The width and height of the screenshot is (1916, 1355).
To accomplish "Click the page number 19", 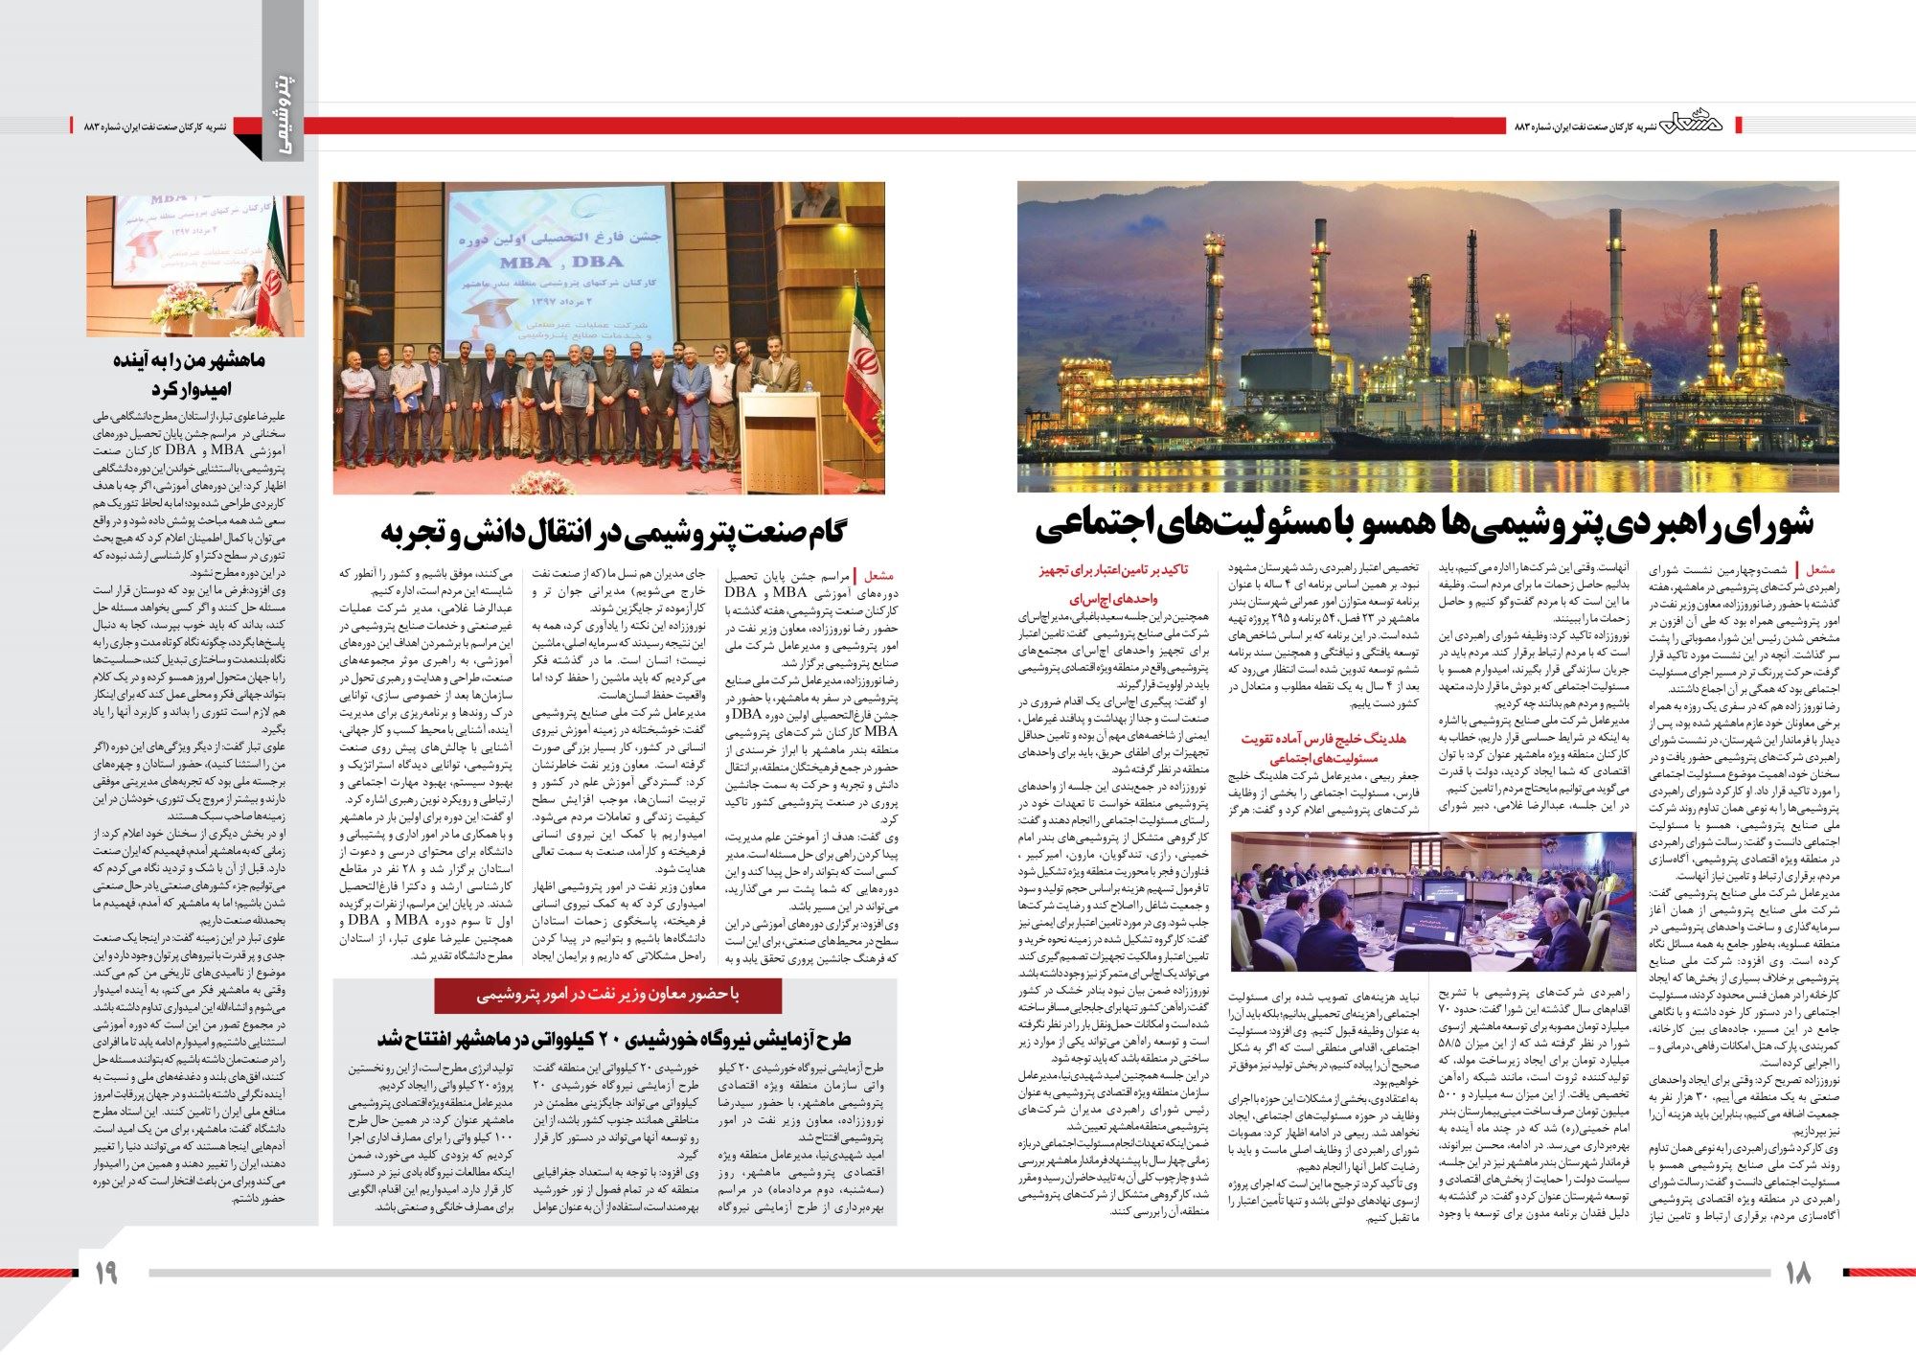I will (x=105, y=1273).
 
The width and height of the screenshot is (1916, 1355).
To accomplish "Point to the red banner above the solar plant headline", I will (x=607, y=996).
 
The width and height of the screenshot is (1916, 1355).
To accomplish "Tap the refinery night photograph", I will (x=1427, y=336).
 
